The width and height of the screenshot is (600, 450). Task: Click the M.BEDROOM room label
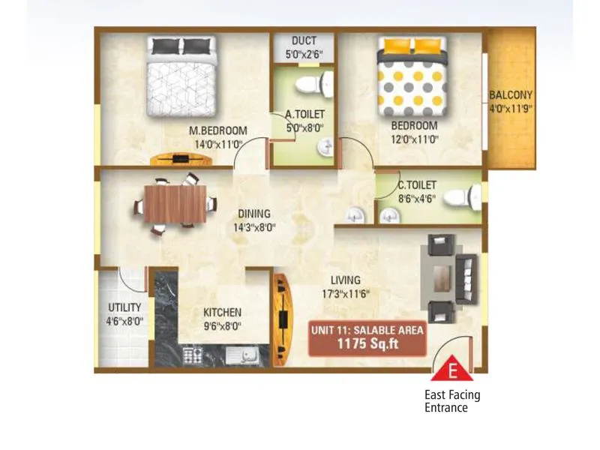[217, 131]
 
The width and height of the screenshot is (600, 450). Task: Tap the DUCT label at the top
[304, 40]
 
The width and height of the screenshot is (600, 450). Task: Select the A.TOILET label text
[304, 115]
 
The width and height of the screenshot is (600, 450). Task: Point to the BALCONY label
[511, 95]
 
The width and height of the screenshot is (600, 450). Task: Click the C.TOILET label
[417, 184]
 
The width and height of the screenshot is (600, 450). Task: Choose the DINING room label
[254, 214]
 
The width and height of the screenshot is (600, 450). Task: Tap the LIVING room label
[345, 280]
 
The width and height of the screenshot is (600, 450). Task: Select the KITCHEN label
[222, 312]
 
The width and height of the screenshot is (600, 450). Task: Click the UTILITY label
[124, 307]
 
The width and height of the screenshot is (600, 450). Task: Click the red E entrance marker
[452, 370]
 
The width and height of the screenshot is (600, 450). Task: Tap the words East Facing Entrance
[452, 401]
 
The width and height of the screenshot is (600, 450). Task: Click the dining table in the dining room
[175, 204]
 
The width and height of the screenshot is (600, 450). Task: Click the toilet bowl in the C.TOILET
[455, 198]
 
